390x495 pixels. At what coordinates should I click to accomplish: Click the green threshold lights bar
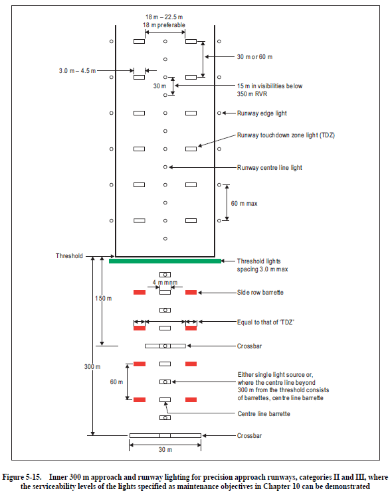pos(165,261)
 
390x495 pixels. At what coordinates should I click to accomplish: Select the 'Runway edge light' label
pos(262,113)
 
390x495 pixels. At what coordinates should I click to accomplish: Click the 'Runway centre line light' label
pos(269,167)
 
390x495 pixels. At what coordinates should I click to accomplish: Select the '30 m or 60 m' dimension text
pos(254,57)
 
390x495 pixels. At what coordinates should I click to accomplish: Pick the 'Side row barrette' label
pos(260,293)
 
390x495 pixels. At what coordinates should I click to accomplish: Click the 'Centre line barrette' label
pos(264,414)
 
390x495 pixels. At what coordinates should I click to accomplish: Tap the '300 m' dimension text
pos(92,367)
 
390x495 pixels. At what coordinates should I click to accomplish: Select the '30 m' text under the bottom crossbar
pos(165,451)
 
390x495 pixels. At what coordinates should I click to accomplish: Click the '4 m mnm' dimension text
pos(165,283)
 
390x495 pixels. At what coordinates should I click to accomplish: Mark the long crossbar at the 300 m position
pos(165,435)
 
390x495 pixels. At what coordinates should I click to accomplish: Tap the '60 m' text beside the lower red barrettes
pos(118,382)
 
